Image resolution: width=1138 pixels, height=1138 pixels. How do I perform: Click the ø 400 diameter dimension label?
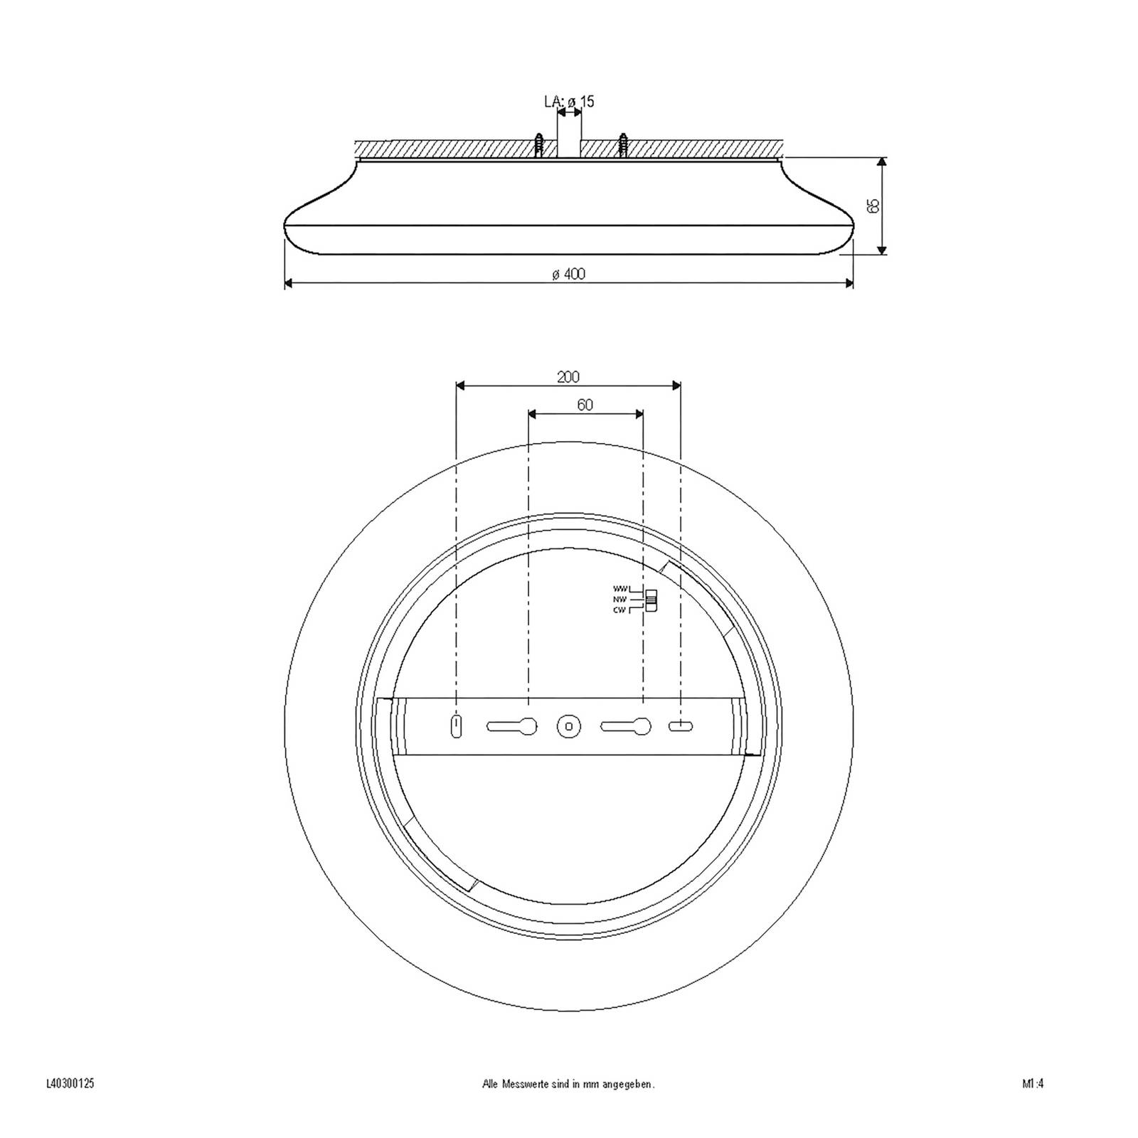(x=568, y=275)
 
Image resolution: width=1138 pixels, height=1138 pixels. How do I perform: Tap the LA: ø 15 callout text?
(x=569, y=102)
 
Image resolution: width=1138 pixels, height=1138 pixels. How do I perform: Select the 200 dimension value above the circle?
(x=568, y=377)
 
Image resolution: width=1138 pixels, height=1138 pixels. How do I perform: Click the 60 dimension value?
(x=585, y=405)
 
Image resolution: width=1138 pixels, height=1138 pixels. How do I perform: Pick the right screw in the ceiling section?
(x=624, y=146)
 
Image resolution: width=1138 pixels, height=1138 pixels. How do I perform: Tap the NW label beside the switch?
(x=620, y=600)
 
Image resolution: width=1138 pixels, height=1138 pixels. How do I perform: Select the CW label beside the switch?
(x=620, y=610)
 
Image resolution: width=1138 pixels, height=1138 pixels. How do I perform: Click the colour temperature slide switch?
(x=650, y=600)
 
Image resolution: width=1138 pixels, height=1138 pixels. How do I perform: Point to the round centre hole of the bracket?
(x=568, y=726)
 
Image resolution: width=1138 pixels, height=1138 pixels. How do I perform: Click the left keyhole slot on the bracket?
(x=512, y=726)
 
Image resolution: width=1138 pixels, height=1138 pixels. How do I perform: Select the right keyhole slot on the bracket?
(x=626, y=726)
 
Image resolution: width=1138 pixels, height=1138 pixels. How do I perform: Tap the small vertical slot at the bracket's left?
(x=456, y=726)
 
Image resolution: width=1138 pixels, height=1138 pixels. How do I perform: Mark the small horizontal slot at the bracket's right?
(x=681, y=726)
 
